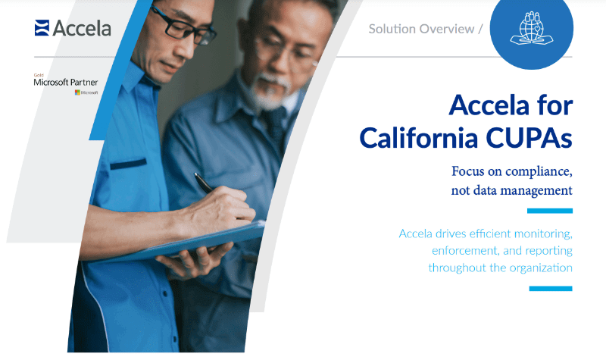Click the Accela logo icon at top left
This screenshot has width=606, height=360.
tap(42, 28)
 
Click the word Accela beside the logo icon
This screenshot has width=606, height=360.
tap(82, 29)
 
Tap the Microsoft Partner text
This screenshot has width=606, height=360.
tap(66, 82)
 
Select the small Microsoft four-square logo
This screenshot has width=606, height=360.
tap(77, 92)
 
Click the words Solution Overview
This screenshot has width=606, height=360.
tap(421, 29)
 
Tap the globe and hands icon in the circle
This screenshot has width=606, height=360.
tap(531, 29)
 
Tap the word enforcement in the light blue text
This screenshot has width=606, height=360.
tap(467, 250)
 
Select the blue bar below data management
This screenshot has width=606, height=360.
tap(549, 211)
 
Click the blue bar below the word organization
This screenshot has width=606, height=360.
tap(550, 288)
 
